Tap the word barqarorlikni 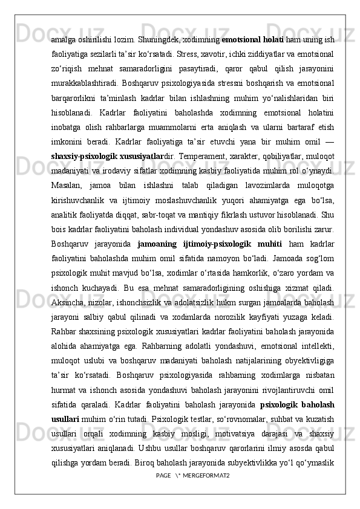pos(74,84)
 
